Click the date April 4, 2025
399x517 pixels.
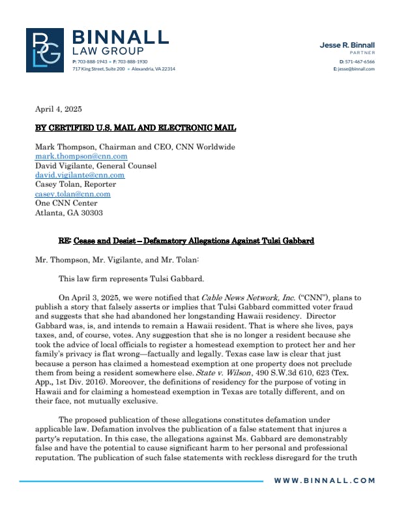point(59,109)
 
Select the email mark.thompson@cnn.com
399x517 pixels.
point(81,157)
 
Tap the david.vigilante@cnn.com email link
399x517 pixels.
point(80,176)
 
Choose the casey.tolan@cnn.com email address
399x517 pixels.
point(72,194)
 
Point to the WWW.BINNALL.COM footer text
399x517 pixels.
point(324,480)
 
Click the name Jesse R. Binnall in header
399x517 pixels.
point(347,45)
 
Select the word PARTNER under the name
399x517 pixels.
point(362,52)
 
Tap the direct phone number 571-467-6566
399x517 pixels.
point(359,61)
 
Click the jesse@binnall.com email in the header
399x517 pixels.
point(355,69)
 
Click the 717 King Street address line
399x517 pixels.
point(123,69)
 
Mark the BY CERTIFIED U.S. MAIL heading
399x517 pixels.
point(136,128)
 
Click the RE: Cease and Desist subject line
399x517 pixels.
point(186,241)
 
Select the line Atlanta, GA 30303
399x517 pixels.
point(68,213)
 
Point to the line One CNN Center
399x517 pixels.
point(63,203)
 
